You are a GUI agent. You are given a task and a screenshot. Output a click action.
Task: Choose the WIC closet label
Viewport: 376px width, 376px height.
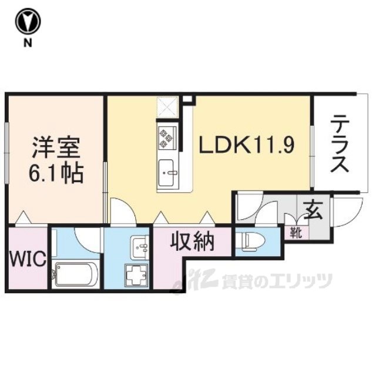tap(26, 259)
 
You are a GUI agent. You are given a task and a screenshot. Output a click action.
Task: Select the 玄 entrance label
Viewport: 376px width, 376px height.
tap(313, 210)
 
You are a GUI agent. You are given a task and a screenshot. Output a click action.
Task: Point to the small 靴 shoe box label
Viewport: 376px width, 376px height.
tap(295, 232)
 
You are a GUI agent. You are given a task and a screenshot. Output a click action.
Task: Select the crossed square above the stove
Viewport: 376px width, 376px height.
tap(167, 108)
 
